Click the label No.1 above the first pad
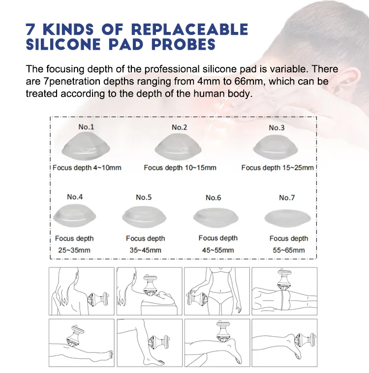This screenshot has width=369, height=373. click(86, 127)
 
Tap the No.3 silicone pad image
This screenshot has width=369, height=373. click(276, 147)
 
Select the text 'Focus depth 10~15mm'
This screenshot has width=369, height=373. click(180, 168)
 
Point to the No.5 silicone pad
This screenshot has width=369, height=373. click(144, 217)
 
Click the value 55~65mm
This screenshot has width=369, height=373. click(289, 250)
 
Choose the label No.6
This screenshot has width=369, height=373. click(213, 198)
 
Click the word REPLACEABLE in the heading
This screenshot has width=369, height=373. click(189, 29)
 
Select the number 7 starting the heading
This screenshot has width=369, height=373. click(30, 29)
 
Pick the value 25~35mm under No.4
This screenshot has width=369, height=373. click(74, 250)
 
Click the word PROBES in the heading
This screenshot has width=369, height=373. click(184, 44)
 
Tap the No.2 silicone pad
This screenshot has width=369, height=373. click(178, 147)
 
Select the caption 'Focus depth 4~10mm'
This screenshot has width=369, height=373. click(87, 168)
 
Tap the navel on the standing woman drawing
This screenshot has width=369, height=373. click(220, 290)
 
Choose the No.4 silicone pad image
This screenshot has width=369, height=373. click(75, 216)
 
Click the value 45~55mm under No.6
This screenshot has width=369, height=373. click(218, 250)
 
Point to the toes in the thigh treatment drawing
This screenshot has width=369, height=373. click(110, 354)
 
